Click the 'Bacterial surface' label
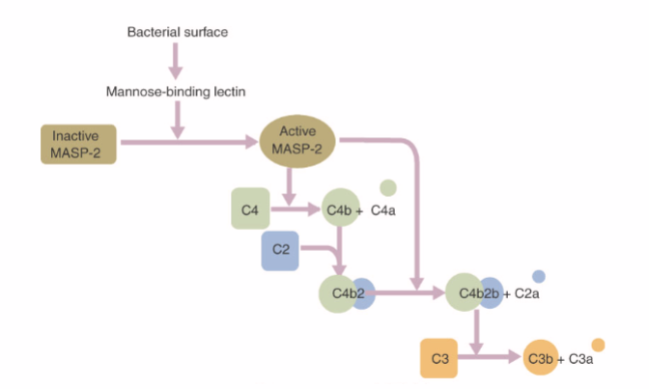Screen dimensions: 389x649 tap(178, 33)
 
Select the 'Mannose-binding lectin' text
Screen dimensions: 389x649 tap(175, 93)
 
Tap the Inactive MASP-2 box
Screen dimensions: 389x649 tap(76, 144)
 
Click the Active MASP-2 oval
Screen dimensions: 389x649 tap(298, 144)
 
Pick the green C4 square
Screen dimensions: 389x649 tap(250, 209)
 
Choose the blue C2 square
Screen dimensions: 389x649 tap(281, 250)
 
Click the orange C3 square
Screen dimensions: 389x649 tap(440, 358)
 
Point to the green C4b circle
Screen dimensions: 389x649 tap(340, 208)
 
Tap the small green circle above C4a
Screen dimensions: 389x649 tap(388, 187)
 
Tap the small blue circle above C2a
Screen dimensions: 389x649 tap(539, 276)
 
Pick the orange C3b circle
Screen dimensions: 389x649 tap(541, 358)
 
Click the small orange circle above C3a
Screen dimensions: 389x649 tap(598, 345)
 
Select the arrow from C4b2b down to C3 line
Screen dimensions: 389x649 tap(474, 332)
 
